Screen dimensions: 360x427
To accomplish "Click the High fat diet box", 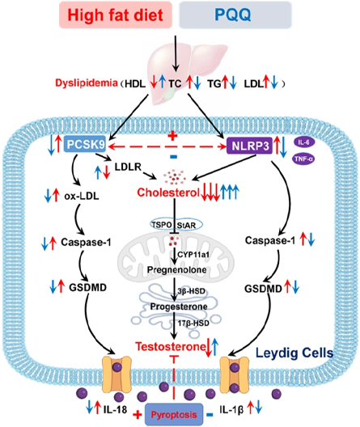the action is click(x=116, y=15).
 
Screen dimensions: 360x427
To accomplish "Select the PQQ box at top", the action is click(x=235, y=15).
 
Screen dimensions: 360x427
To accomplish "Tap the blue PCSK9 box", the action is click(x=85, y=144).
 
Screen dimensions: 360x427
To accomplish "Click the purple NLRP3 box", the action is click(x=250, y=146).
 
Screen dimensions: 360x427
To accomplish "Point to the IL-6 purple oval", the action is click(x=304, y=142).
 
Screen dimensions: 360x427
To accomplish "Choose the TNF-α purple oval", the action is click(x=303, y=159).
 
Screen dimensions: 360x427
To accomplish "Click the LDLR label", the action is click(x=128, y=167).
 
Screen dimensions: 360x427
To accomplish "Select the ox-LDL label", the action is click(x=82, y=196).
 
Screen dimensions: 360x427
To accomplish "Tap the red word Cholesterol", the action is click(x=168, y=192).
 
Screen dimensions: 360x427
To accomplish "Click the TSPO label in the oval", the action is click(x=162, y=225).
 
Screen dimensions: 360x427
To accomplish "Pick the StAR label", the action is click(x=187, y=226).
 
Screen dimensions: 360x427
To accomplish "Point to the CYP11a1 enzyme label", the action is click(x=193, y=255).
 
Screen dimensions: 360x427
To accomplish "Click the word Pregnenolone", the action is click(x=176, y=270).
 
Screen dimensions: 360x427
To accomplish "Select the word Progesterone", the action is click(x=179, y=307).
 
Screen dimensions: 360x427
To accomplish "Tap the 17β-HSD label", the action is click(x=193, y=323).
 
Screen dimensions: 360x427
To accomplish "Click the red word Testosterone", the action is click(x=171, y=347).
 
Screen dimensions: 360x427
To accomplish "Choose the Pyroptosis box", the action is click(x=174, y=415).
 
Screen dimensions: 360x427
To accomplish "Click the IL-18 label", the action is click(x=115, y=409).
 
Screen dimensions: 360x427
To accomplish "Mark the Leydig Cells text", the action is click(x=294, y=353).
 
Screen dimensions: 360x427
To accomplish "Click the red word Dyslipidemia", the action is click(x=87, y=82).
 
